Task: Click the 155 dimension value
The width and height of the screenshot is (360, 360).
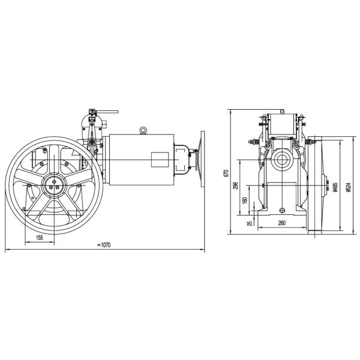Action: (40, 238)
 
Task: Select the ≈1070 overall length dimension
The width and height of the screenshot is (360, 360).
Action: (104, 245)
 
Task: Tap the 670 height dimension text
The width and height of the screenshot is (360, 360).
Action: (226, 173)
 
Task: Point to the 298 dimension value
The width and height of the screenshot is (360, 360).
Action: (236, 185)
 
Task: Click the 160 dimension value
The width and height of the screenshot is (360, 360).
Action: (245, 200)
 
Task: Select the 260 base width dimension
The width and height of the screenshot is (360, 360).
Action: (282, 223)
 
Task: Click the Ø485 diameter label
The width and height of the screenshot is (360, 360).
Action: (335, 187)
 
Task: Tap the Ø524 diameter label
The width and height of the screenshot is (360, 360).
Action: (348, 187)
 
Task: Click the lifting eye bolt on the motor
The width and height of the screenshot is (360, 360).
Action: (143, 130)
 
